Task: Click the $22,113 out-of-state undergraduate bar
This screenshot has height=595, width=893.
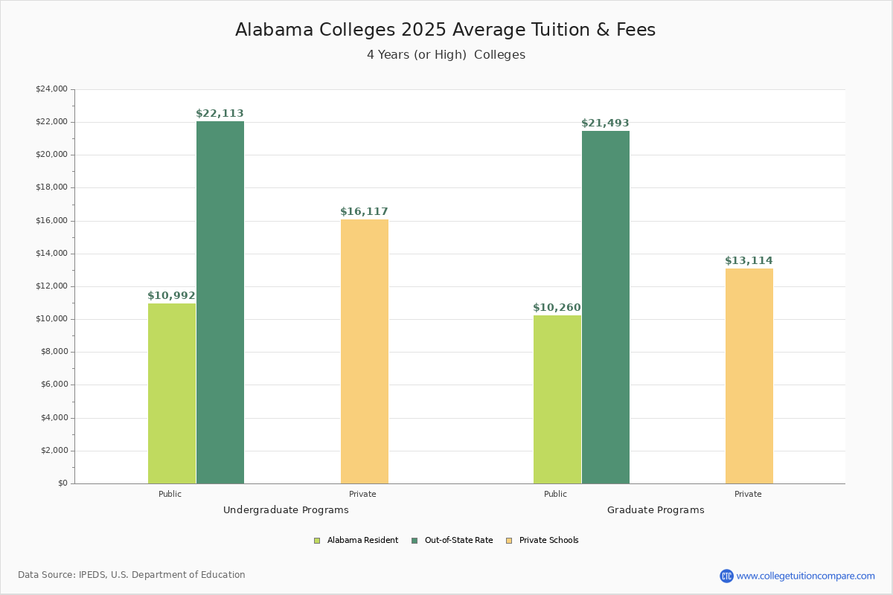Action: (220, 302)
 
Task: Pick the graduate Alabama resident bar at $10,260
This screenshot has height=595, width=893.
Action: (557, 399)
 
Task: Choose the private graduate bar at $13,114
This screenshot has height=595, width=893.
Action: (749, 376)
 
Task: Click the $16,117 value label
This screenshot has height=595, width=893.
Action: (364, 212)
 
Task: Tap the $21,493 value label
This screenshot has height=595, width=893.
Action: (605, 123)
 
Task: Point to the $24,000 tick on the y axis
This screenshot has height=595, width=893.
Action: (51, 89)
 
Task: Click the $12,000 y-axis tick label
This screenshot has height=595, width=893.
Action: (51, 286)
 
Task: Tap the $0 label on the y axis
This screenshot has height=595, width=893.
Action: (62, 483)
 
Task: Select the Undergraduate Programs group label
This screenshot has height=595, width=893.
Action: (286, 510)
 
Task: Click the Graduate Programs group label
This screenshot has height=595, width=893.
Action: (656, 510)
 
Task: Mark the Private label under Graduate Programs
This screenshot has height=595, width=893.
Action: (748, 494)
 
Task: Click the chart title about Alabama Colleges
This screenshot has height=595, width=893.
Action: (445, 30)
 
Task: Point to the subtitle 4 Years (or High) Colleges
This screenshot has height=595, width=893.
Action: (446, 55)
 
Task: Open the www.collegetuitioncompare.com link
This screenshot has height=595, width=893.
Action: (805, 576)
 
